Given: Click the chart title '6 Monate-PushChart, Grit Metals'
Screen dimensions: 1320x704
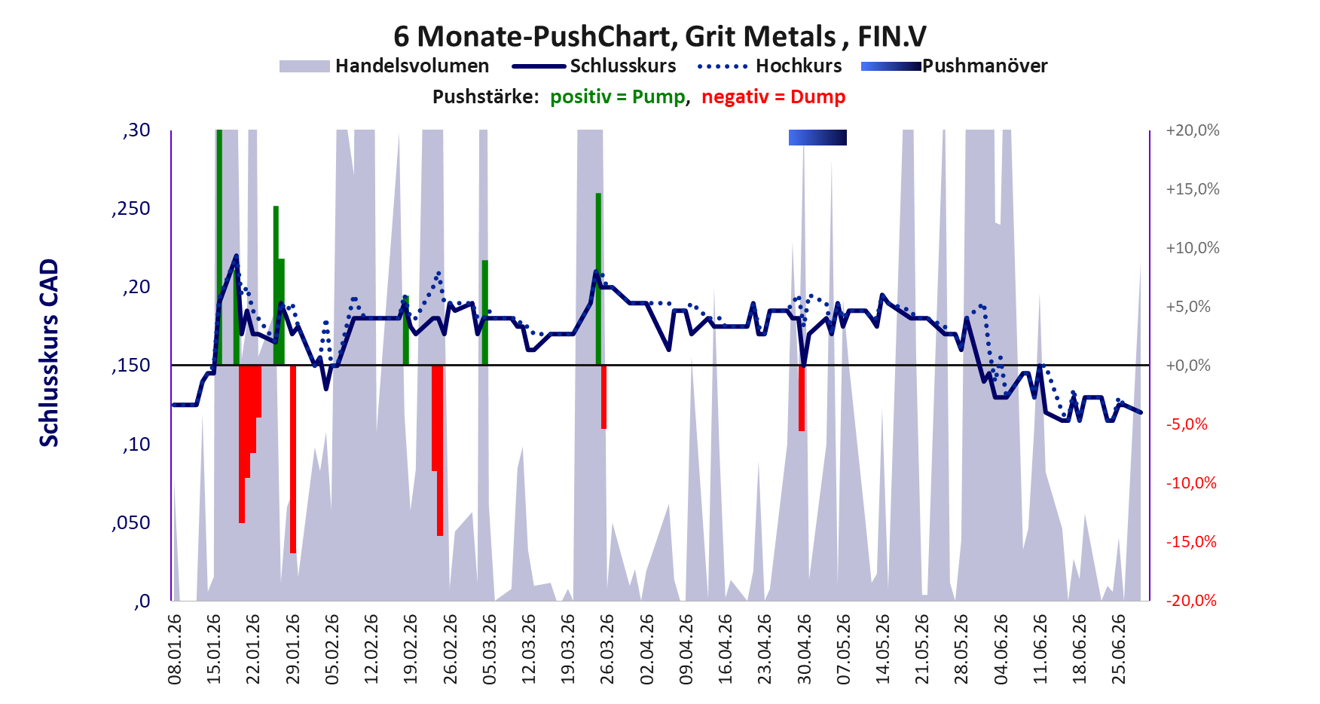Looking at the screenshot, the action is click(614, 36).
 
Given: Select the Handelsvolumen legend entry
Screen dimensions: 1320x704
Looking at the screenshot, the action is click(384, 66).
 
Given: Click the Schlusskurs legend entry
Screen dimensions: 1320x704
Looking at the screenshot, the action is click(594, 66).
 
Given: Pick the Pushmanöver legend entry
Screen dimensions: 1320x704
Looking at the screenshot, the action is click(955, 66).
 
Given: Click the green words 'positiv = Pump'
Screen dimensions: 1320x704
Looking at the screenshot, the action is click(618, 97).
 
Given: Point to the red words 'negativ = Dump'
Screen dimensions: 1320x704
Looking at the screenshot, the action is click(773, 97).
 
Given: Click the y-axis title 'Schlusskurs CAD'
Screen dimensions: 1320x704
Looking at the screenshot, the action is click(49, 353).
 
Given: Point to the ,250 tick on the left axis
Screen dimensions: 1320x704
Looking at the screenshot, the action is click(131, 209).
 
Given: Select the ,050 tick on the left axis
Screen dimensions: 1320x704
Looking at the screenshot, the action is click(131, 522).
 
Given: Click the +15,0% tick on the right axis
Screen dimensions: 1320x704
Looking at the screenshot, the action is click(1193, 189).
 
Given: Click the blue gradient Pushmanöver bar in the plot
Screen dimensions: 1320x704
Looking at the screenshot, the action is click(817, 137).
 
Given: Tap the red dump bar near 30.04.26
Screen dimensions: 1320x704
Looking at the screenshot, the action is click(802, 398).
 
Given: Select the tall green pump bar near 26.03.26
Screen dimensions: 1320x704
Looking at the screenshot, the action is click(598, 279).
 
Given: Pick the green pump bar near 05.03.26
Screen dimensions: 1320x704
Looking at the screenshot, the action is click(485, 313).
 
